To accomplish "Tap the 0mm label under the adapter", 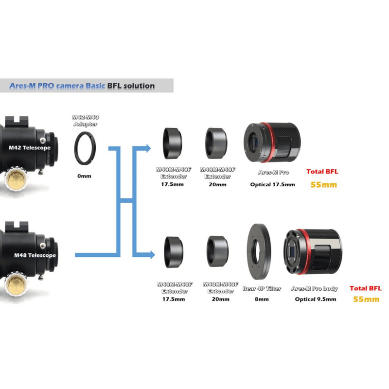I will coord(84,176).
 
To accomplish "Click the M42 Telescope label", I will coord(29,147).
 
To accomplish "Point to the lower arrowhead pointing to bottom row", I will coord(150,254).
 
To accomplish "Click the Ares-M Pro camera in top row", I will coord(273,143).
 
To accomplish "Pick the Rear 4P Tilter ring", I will coord(261,252).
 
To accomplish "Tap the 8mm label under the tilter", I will coord(261,300).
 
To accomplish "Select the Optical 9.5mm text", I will coord(315,300).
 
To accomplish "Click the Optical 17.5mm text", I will coord(272,185).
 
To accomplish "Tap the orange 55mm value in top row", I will coord(323,185).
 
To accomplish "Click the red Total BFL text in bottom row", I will coord(365,288).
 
